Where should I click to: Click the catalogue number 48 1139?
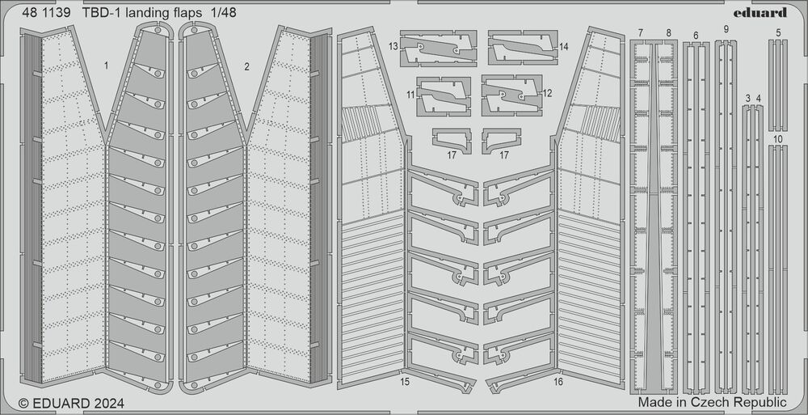(x=46, y=14)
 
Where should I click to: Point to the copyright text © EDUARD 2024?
(x=71, y=403)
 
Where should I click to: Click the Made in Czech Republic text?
(x=713, y=402)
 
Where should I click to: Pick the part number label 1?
(x=106, y=66)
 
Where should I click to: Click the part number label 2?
(x=246, y=66)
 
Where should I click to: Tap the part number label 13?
(x=393, y=46)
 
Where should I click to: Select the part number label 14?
(x=563, y=46)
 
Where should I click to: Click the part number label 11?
(x=410, y=95)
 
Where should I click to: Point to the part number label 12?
(x=547, y=93)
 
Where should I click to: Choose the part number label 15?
(x=405, y=382)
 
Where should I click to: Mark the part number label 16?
(x=558, y=382)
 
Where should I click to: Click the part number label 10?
(x=778, y=139)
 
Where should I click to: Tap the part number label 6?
(x=696, y=36)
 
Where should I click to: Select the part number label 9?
(x=726, y=29)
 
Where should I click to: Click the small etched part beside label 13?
(x=439, y=49)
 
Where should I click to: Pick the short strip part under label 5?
(x=778, y=86)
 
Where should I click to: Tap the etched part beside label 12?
(x=511, y=95)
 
